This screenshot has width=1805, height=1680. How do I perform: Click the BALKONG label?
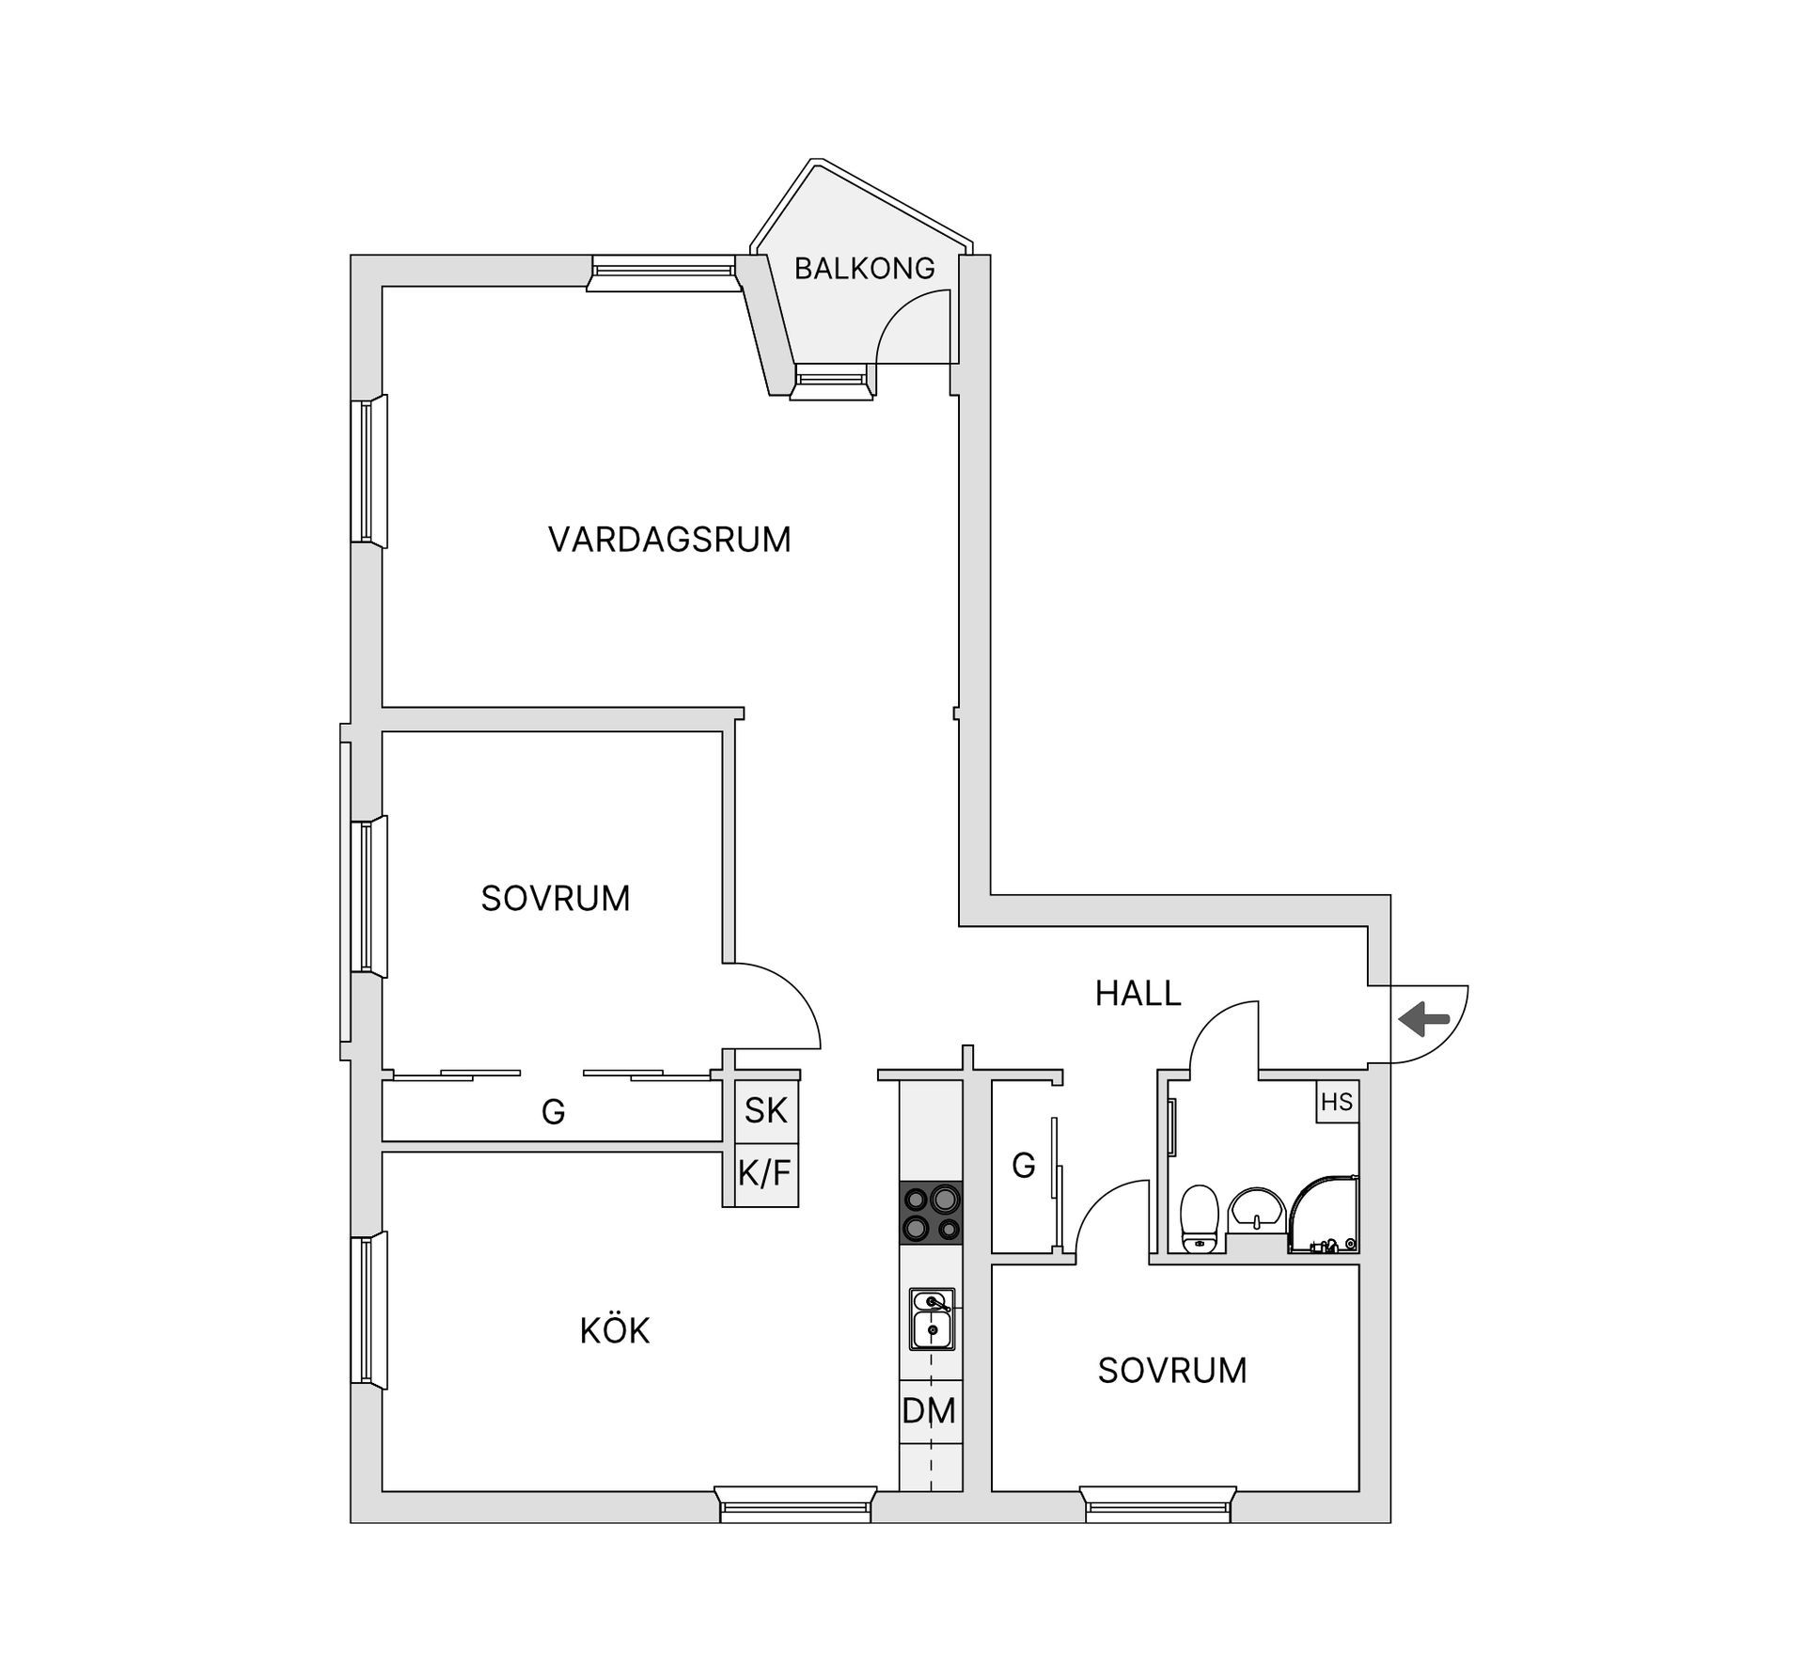pos(864,269)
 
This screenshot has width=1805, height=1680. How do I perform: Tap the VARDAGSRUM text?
pos(669,540)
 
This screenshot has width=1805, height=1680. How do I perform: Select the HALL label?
pos(1138,994)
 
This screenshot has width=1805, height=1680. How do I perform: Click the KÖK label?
pos(615,1331)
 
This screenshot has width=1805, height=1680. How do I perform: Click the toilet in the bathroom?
pos(1199,1218)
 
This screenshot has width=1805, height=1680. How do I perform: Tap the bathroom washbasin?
pos(1257,1208)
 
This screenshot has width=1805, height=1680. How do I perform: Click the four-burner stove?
pos(931,1213)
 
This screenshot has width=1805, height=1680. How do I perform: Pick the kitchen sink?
pos(932,1318)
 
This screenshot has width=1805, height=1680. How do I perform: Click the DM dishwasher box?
pos(930,1411)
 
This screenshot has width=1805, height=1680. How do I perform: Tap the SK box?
pos(765,1110)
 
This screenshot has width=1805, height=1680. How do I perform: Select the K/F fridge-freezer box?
pos(765,1173)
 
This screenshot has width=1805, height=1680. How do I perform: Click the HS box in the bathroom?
pos(1336,1102)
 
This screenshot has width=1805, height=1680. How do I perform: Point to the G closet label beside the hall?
pos(1023,1167)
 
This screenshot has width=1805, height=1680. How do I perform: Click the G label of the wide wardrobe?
pos(553,1112)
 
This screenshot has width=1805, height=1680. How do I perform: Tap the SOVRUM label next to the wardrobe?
pos(556,899)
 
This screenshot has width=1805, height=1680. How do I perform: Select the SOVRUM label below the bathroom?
pos(1172,1371)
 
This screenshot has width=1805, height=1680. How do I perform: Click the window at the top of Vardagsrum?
pos(663,273)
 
